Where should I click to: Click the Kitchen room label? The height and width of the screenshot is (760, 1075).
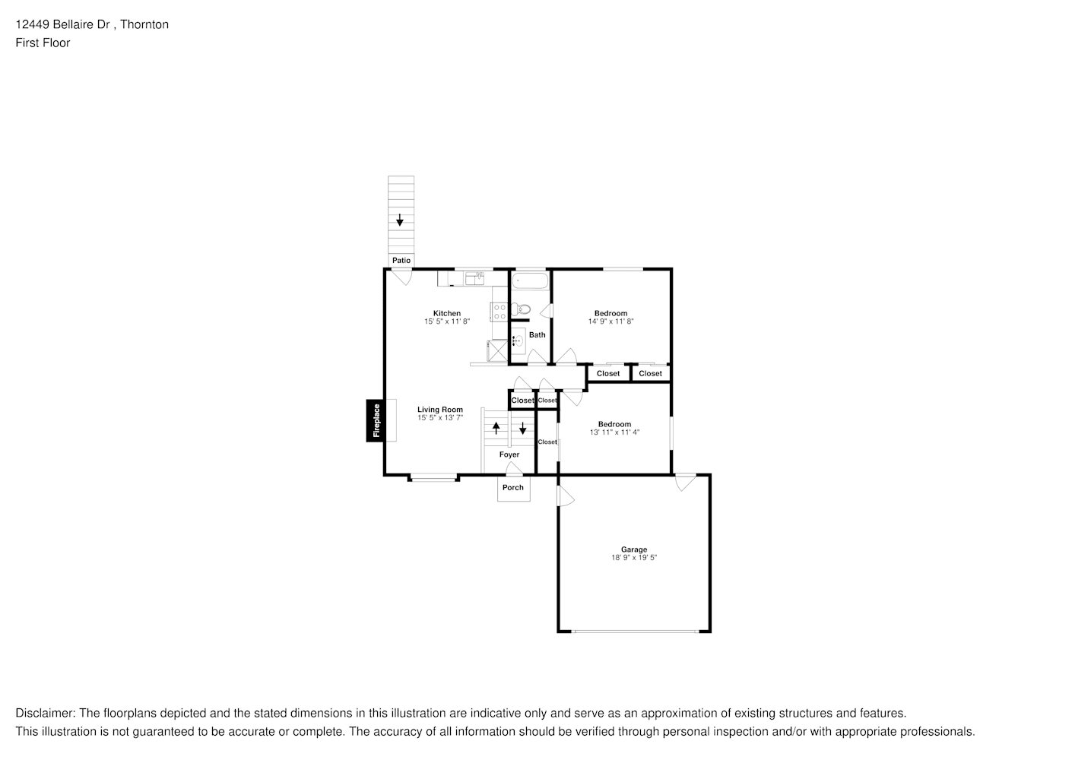click(x=447, y=313)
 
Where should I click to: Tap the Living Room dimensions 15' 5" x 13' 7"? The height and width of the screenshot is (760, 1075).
click(x=439, y=418)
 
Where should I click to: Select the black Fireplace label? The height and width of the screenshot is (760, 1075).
click(x=376, y=420)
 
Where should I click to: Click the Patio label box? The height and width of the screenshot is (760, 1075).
click(x=401, y=261)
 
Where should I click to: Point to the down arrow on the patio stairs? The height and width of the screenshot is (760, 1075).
click(x=400, y=220)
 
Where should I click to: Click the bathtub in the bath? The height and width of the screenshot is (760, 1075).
click(x=530, y=280)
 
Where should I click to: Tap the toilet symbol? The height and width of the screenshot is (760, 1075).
click(x=521, y=309)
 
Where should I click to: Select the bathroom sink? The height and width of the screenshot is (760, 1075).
click(x=517, y=340)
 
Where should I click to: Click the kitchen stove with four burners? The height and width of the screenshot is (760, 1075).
click(x=499, y=311)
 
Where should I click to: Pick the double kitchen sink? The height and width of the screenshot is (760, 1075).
click(x=474, y=278)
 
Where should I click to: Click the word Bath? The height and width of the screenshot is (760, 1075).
click(x=537, y=335)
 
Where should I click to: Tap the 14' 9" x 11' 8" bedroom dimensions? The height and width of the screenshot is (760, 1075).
click(x=610, y=321)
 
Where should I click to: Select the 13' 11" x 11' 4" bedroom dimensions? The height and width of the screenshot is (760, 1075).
click(x=614, y=432)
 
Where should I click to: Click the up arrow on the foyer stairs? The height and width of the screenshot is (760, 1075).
click(x=496, y=428)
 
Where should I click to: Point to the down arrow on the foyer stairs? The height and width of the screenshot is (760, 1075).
click(x=523, y=428)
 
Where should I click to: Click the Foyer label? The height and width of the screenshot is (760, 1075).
click(x=509, y=454)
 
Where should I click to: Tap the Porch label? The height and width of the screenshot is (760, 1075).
click(x=513, y=488)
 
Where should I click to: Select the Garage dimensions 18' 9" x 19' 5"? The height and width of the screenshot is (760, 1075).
click(x=633, y=558)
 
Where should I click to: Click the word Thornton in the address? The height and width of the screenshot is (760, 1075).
click(x=145, y=24)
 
